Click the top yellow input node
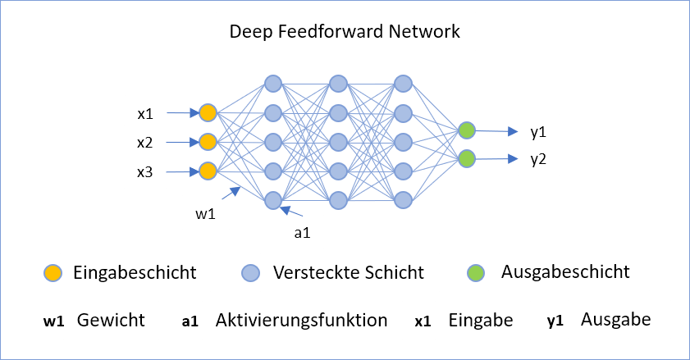point(208,112)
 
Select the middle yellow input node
point(208,142)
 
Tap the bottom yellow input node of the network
point(208,171)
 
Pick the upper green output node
point(466,130)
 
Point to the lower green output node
point(466,158)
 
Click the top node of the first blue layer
point(273,84)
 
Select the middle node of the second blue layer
point(338,142)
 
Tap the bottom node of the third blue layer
point(403,200)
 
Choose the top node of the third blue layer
point(403,84)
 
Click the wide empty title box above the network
point(345,31)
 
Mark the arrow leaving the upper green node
point(496,130)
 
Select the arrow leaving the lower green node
point(496,159)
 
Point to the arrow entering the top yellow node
point(182,113)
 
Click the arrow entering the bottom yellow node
point(182,172)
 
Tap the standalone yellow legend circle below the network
point(53,273)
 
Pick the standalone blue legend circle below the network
point(250,273)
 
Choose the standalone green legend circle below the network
point(476,273)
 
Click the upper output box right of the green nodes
point(538,130)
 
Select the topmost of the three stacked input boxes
point(146,112)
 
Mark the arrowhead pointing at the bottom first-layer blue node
point(285,210)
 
